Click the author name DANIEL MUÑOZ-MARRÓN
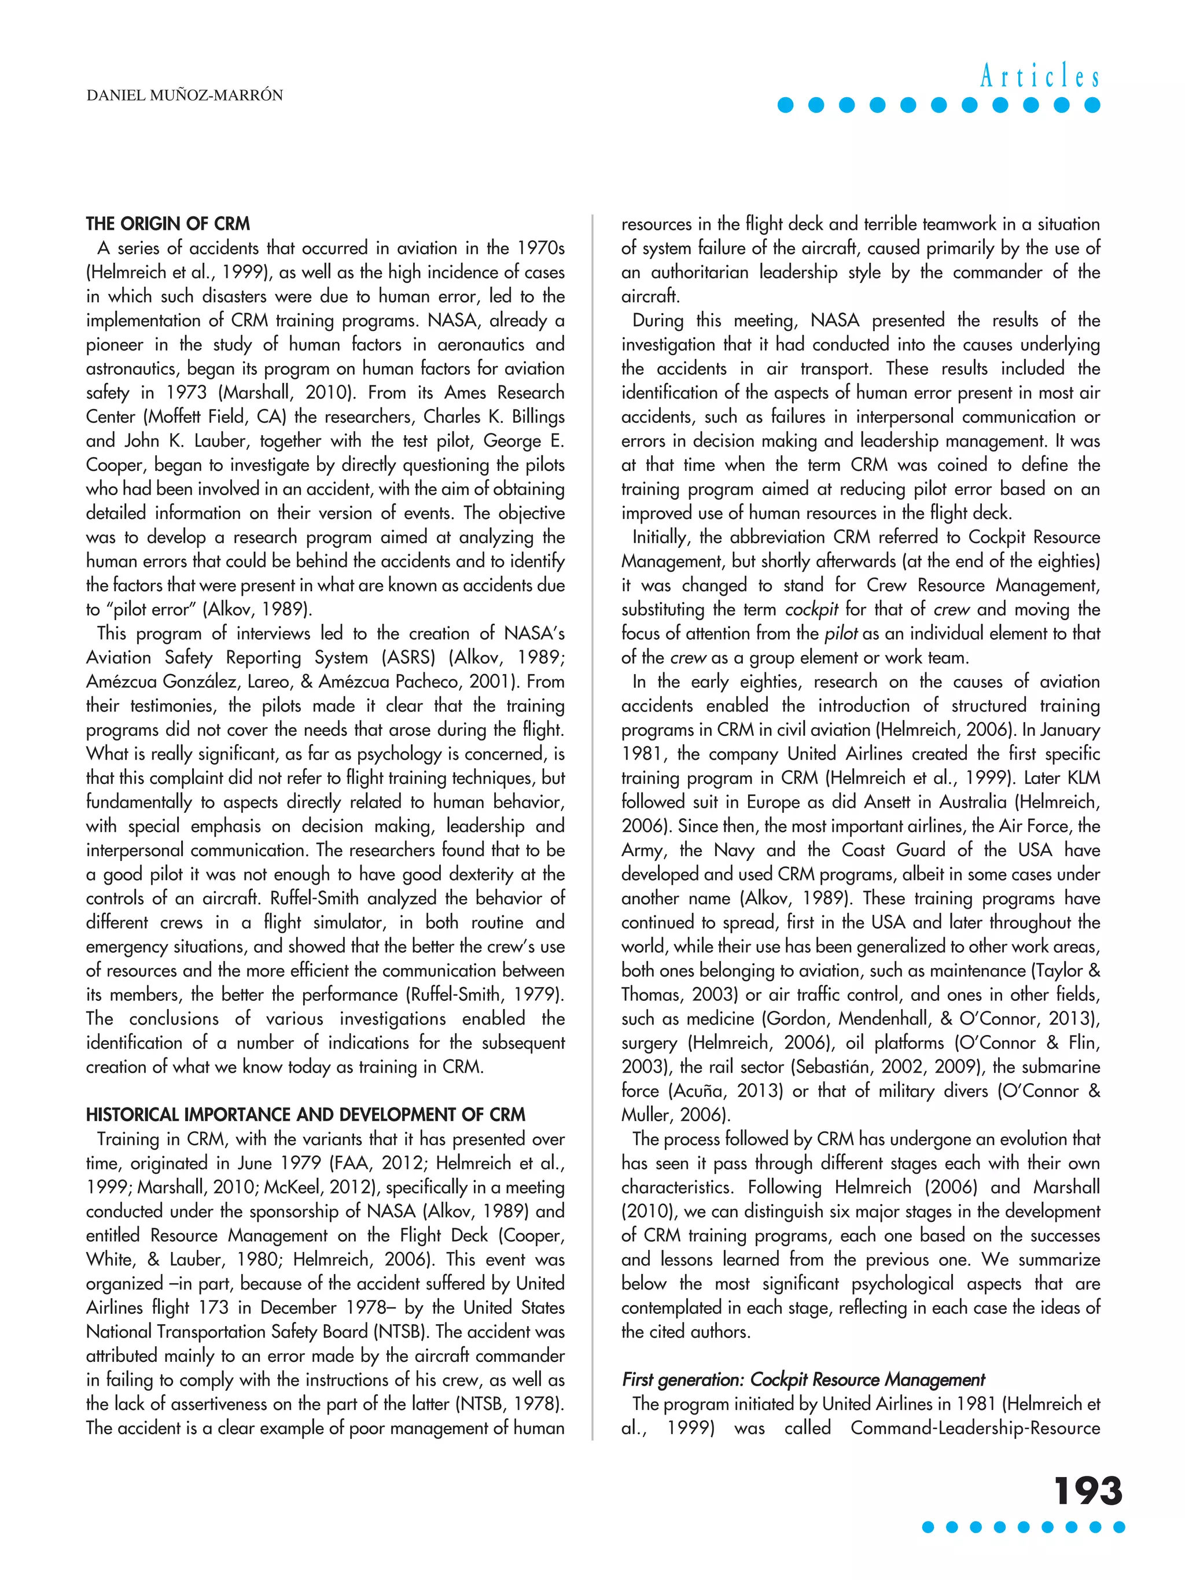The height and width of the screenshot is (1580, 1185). pos(184,95)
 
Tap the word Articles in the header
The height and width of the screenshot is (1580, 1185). pos(1039,76)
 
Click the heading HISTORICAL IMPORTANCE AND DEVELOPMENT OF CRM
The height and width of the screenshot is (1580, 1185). pos(305,1114)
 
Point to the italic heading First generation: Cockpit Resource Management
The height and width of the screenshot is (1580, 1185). pos(803,1379)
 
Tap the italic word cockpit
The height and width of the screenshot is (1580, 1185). pos(811,609)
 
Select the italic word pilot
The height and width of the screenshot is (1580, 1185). pos(841,634)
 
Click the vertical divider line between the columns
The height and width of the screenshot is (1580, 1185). pos(592,822)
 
